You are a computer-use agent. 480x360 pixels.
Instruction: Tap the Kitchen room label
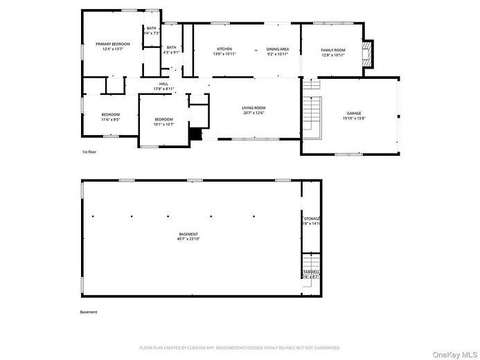[224, 49]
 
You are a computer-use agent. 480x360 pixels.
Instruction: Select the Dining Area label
[277, 49]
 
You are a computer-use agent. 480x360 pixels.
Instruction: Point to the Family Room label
[332, 50]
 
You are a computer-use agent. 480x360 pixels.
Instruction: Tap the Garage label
[353, 113]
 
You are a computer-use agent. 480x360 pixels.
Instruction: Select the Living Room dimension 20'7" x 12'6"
[254, 113]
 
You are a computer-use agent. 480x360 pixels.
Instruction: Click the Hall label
[163, 84]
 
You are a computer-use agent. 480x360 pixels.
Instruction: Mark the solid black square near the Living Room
[197, 134]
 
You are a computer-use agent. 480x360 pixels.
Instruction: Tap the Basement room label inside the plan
[188, 234]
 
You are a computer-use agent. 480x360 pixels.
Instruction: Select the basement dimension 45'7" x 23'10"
[188, 239]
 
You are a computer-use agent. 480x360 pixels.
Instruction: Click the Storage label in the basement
[311, 218]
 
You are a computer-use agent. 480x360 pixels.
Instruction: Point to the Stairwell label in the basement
[311, 272]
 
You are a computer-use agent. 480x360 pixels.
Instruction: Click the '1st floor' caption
[90, 151]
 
